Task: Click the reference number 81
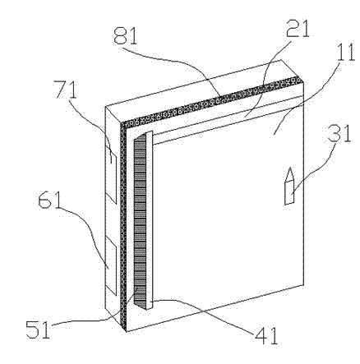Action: (125, 36)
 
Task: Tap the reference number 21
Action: (298, 29)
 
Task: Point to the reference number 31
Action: (339, 133)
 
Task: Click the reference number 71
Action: (66, 89)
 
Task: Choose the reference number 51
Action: (38, 329)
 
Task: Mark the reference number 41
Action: (266, 335)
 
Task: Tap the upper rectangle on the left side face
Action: (111, 174)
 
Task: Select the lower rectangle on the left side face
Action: (111, 266)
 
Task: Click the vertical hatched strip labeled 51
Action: (139, 221)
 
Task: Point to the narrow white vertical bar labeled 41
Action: (149, 220)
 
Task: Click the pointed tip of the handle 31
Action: (289, 168)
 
